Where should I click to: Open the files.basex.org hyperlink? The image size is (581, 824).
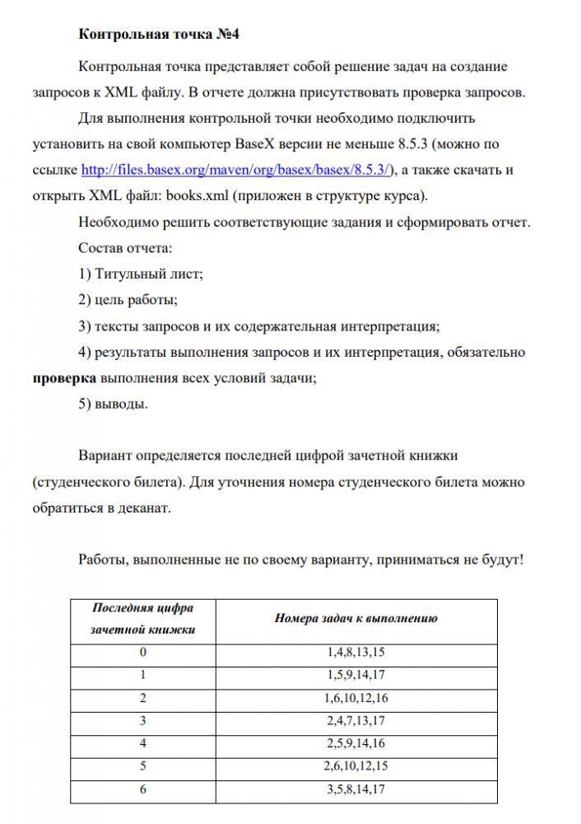click(x=238, y=170)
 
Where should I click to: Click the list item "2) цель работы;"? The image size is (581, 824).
click(x=128, y=299)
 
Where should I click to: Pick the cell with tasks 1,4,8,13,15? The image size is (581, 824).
click(x=356, y=653)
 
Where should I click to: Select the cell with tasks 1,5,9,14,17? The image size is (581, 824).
click(x=356, y=676)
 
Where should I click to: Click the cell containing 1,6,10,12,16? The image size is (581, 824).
click(x=356, y=699)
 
